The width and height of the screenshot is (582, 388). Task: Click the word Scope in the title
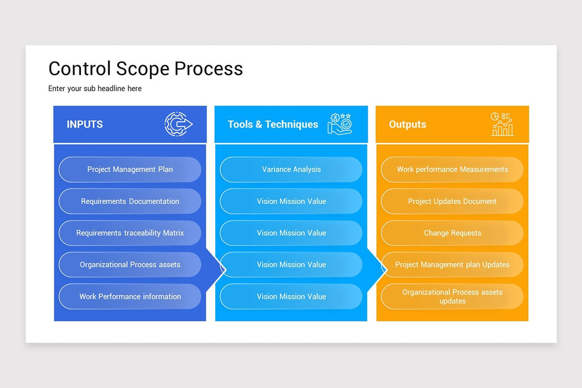[143, 69]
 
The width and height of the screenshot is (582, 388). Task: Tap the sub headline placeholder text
[95, 89]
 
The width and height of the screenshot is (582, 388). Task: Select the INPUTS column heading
[85, 124]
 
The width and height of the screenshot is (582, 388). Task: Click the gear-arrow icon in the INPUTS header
[178, 124]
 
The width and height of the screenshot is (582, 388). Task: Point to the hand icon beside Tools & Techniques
[340, 124]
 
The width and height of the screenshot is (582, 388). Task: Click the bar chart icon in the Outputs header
[502, 124]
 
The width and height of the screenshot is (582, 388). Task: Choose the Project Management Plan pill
[130, 169]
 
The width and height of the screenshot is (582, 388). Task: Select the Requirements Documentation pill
[130, 201]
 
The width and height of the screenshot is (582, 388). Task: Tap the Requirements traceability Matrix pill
[130, 233]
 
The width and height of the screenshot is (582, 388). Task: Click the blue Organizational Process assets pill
[130, 264]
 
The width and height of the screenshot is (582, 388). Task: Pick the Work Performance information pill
[130, 296]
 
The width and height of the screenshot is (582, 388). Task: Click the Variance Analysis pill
[291, 169]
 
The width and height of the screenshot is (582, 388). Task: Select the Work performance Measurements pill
[453, 169]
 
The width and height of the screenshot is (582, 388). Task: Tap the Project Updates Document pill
[453, 201]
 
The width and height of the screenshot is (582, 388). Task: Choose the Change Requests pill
[453, 233]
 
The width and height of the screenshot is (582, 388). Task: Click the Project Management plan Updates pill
[453, 264]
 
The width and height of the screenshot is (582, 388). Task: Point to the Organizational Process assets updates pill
[453, 296]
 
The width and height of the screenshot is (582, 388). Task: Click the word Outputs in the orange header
[407, 125]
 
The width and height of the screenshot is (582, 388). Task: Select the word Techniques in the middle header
[291, 125]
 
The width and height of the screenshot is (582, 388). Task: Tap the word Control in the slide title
[80, 68]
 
